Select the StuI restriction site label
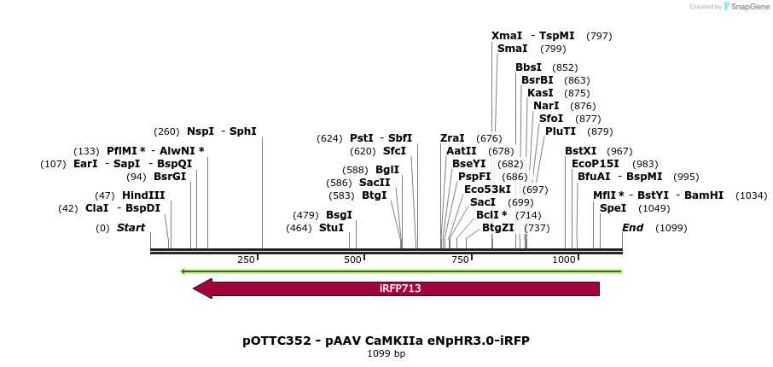pos(331,228)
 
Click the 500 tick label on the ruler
pos(352,259)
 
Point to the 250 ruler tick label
pos(246,259)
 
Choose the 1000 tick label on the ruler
pos(564,259)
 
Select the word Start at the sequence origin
pos(131,228)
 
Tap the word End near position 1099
pos(632,228)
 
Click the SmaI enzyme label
pos(512,49)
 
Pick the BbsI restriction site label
pos(528,67)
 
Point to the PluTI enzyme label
pos(561,131)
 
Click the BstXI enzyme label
pos(580,150)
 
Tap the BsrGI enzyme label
pos(169,177)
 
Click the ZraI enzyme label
pos(452,138)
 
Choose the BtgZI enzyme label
pos(498,228)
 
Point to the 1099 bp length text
pos(386,353)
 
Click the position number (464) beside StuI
pos(299,228)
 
